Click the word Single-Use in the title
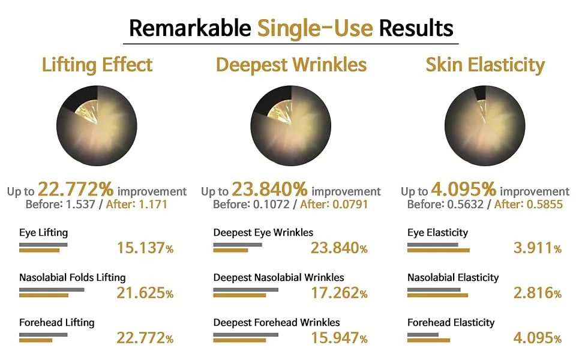(x=315, y=29)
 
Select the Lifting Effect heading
(x=97, y=65)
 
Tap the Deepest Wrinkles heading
(x=292, y=65)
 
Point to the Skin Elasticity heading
(x=485, y=65)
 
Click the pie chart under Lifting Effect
(x=97, y=126)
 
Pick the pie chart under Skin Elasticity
(x=485, y=126)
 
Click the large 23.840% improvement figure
(x=270, y=189)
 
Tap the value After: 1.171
(x=137, y=205)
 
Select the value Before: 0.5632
(x=445, y=205)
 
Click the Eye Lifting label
(x=43, y=233)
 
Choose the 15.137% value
(x=145, y=248)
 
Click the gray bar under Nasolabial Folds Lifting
(x=52, y=290)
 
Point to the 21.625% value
(x=145, y=293)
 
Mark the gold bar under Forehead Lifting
(x=35, y=340)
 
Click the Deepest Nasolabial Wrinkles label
(x=279, y=278)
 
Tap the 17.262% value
(x=339, y=293)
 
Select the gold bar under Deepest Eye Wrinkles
(x=230, y=251)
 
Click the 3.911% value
(x=538, y=248)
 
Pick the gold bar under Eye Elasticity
(x=439, y=251)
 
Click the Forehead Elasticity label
(x=451, y=323)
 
